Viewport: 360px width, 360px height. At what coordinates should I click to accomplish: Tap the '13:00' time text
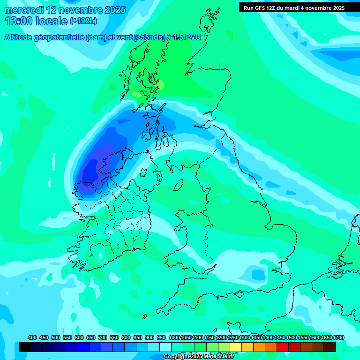(19, 21)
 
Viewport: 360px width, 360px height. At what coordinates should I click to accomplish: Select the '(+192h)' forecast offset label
(83, 21)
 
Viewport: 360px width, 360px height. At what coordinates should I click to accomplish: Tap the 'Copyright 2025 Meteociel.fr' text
(199, 357)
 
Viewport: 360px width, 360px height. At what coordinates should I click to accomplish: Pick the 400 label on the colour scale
(32, 337)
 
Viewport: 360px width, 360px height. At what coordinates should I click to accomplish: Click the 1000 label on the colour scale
(174, 337)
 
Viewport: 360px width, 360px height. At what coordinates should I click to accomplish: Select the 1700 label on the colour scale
(327, 337)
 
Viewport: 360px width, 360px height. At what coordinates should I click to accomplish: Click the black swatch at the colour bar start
(25, 347)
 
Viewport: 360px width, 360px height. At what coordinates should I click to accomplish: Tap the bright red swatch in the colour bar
(283, 347)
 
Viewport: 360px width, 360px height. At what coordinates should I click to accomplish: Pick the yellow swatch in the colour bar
(236, 347)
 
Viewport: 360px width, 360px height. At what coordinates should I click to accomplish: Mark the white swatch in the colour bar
(165, 347)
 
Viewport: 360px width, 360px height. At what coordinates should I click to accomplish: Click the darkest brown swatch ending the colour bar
(330, 347)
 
